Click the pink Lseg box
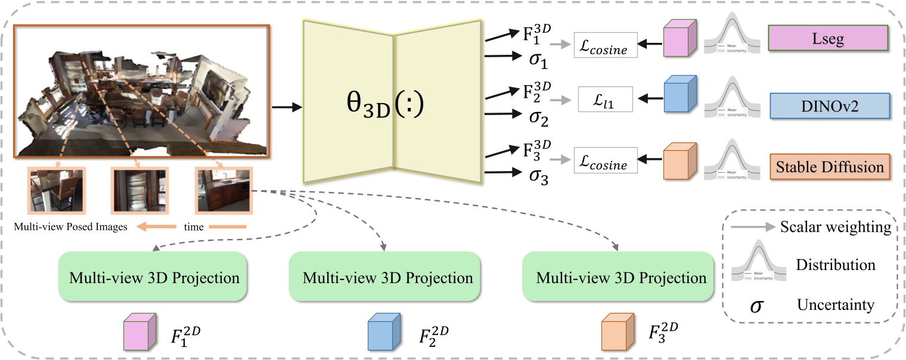[829, 39]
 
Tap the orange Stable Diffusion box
[829, 166]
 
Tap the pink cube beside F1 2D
[139, 332]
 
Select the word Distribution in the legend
[836, 265]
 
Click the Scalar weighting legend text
[836, 227]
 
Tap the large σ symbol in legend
[756, 306]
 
